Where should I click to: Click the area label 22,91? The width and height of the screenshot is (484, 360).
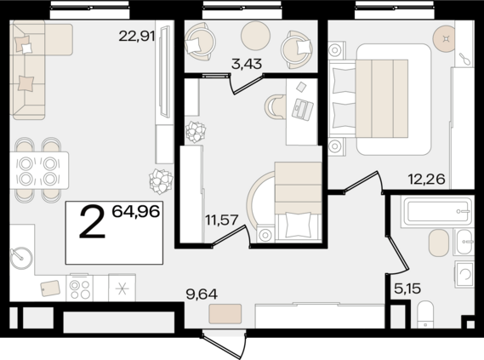pyautogui.click(x=138, y=36)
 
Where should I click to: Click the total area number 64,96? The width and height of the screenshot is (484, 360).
pyautogui.click(x=135, y=211)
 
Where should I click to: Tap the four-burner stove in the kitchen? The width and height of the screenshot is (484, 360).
pyautogui.click(x=79, y=288)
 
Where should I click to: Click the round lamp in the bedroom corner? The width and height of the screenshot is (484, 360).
pyautogui.click(x=445, y=38)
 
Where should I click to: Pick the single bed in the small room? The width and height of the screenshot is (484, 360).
pyautogui.click(x=294, y=202)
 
